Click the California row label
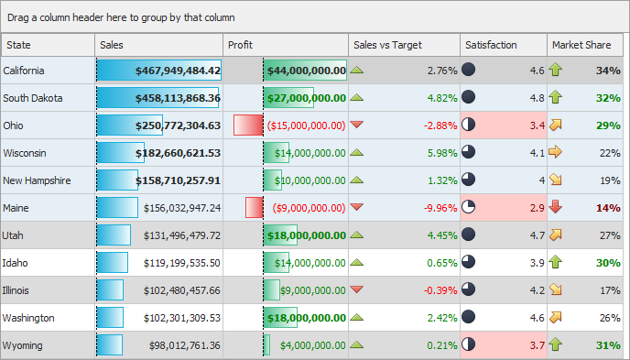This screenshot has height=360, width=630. coord(29,71)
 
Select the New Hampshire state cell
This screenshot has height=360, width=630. coord(37,180)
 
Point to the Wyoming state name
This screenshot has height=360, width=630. coord(24,345)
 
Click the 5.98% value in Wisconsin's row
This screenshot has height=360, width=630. coord(441,153)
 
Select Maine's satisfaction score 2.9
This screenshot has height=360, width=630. coord(537,208)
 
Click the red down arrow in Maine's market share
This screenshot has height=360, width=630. coord(556,208)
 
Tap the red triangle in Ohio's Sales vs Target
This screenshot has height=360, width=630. coord(357,125)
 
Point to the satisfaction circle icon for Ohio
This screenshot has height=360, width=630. coord(469,125)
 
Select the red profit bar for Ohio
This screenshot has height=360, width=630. coord(247,125)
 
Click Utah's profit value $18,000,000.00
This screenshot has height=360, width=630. coord(306,235)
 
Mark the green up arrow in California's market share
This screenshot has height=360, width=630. coord(556,71)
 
